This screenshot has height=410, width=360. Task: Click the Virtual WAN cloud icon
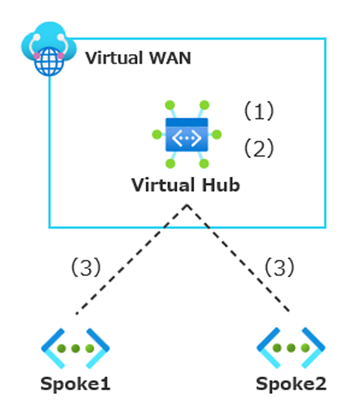click(49, 48)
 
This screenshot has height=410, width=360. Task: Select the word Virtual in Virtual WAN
click(115, 58)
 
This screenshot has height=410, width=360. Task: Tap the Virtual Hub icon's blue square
click(187, 134)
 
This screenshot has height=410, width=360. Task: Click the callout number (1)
click(259, 111)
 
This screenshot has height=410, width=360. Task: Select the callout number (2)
click(259, 148)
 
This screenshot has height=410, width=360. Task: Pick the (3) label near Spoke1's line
click(86, 267)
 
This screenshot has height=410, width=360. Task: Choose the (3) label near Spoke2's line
click(280, 267)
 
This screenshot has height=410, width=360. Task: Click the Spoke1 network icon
click(76, 348)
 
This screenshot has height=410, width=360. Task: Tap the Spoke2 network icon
click(291, 348)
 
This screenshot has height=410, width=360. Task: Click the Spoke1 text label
click(76, 384)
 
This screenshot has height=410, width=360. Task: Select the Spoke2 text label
click(291, 384)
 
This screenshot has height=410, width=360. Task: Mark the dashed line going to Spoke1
click(131, 259)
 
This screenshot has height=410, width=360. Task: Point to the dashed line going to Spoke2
click(238, 258)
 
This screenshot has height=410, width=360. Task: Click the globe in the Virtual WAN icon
click(49, 62)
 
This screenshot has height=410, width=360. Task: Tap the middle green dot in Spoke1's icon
click(76, 348)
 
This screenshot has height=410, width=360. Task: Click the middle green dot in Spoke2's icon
click(291, 348)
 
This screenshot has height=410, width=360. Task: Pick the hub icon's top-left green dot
click(170, 105)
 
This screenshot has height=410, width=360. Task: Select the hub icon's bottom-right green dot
click(204, 164)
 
